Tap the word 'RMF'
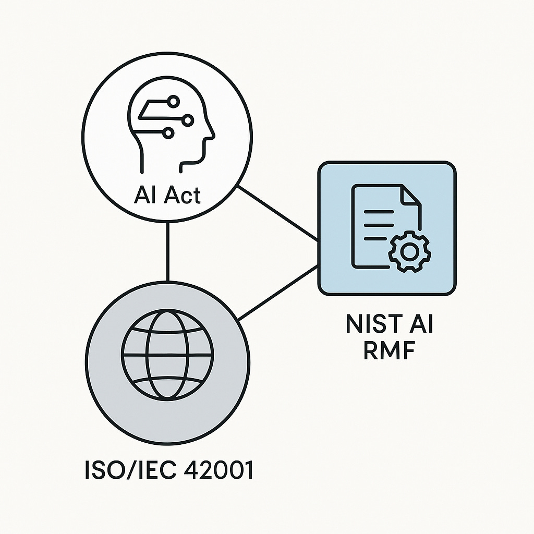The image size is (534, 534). [x=389, y=350]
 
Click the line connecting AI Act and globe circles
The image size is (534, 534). [x=167, y=251]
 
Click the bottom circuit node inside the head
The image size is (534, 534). [x=168, y=134]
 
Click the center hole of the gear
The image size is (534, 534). [x=410, y=252]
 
